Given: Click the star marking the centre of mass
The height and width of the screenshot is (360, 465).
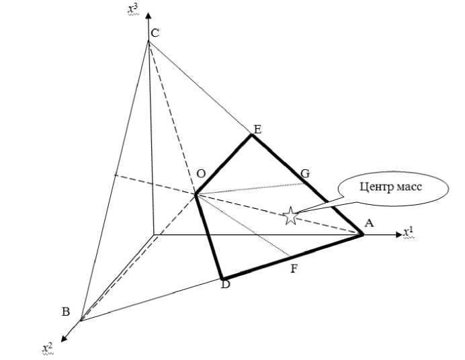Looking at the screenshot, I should point(290,216).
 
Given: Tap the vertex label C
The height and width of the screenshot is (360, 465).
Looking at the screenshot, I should point(155,32).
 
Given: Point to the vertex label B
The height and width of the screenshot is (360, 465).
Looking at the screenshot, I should point(66,311).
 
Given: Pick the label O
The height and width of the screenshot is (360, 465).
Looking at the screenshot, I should point(201,174).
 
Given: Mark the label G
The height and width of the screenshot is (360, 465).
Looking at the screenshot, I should point(305,174).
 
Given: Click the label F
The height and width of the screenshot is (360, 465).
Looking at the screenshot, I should point(294,269).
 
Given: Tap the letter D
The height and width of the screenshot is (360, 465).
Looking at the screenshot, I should point(225,285).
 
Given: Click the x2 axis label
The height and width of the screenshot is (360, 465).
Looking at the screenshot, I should point(47,347).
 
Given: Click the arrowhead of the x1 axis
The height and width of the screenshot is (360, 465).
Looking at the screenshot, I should point(395,235).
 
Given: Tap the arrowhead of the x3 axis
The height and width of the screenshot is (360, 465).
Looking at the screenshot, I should point(149,14).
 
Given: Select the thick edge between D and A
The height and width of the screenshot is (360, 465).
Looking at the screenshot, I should point(292,257).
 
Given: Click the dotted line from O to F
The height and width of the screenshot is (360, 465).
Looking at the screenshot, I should point(242,225).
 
